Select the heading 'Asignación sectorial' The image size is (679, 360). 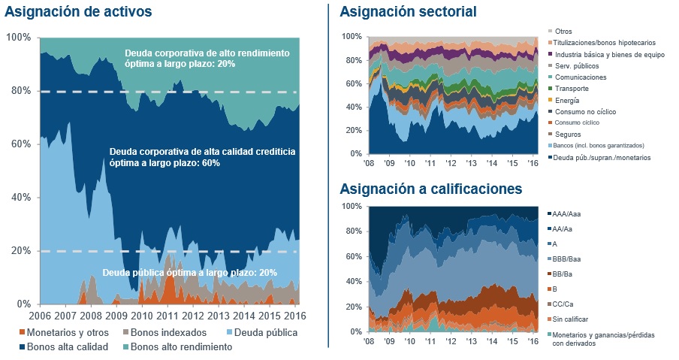[x=408, y=12]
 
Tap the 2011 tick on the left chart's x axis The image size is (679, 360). [x=168, y=316]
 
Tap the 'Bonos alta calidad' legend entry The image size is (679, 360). [x=67, y=346]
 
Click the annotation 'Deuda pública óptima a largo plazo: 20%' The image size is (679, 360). [x=189, y=272]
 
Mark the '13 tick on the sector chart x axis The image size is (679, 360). [x=469, y=162]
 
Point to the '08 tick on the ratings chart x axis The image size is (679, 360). [x=370, y=340]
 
